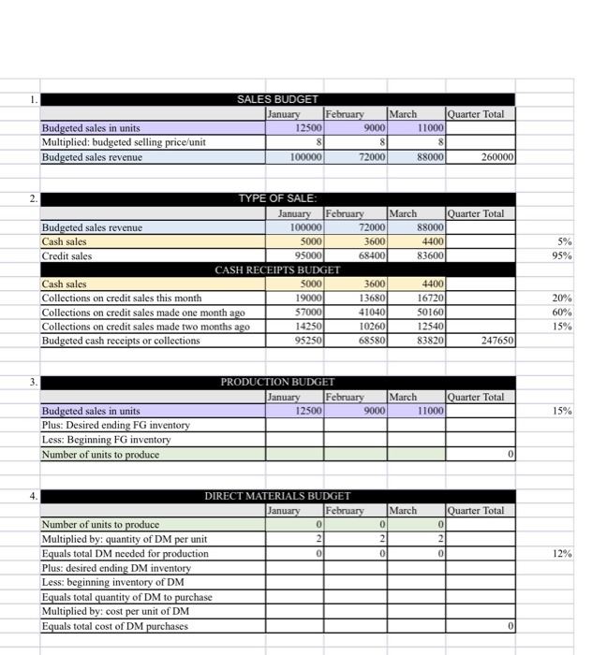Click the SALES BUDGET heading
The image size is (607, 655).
coord(277,99)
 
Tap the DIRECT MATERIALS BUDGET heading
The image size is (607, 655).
coord(277,496)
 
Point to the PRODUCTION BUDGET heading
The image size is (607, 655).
coord(277,382)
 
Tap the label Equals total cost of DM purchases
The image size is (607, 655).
coord(115,626)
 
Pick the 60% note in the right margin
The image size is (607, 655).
coord(588,312)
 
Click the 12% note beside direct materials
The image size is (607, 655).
coord(588,554)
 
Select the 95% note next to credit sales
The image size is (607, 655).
coord(588,255)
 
